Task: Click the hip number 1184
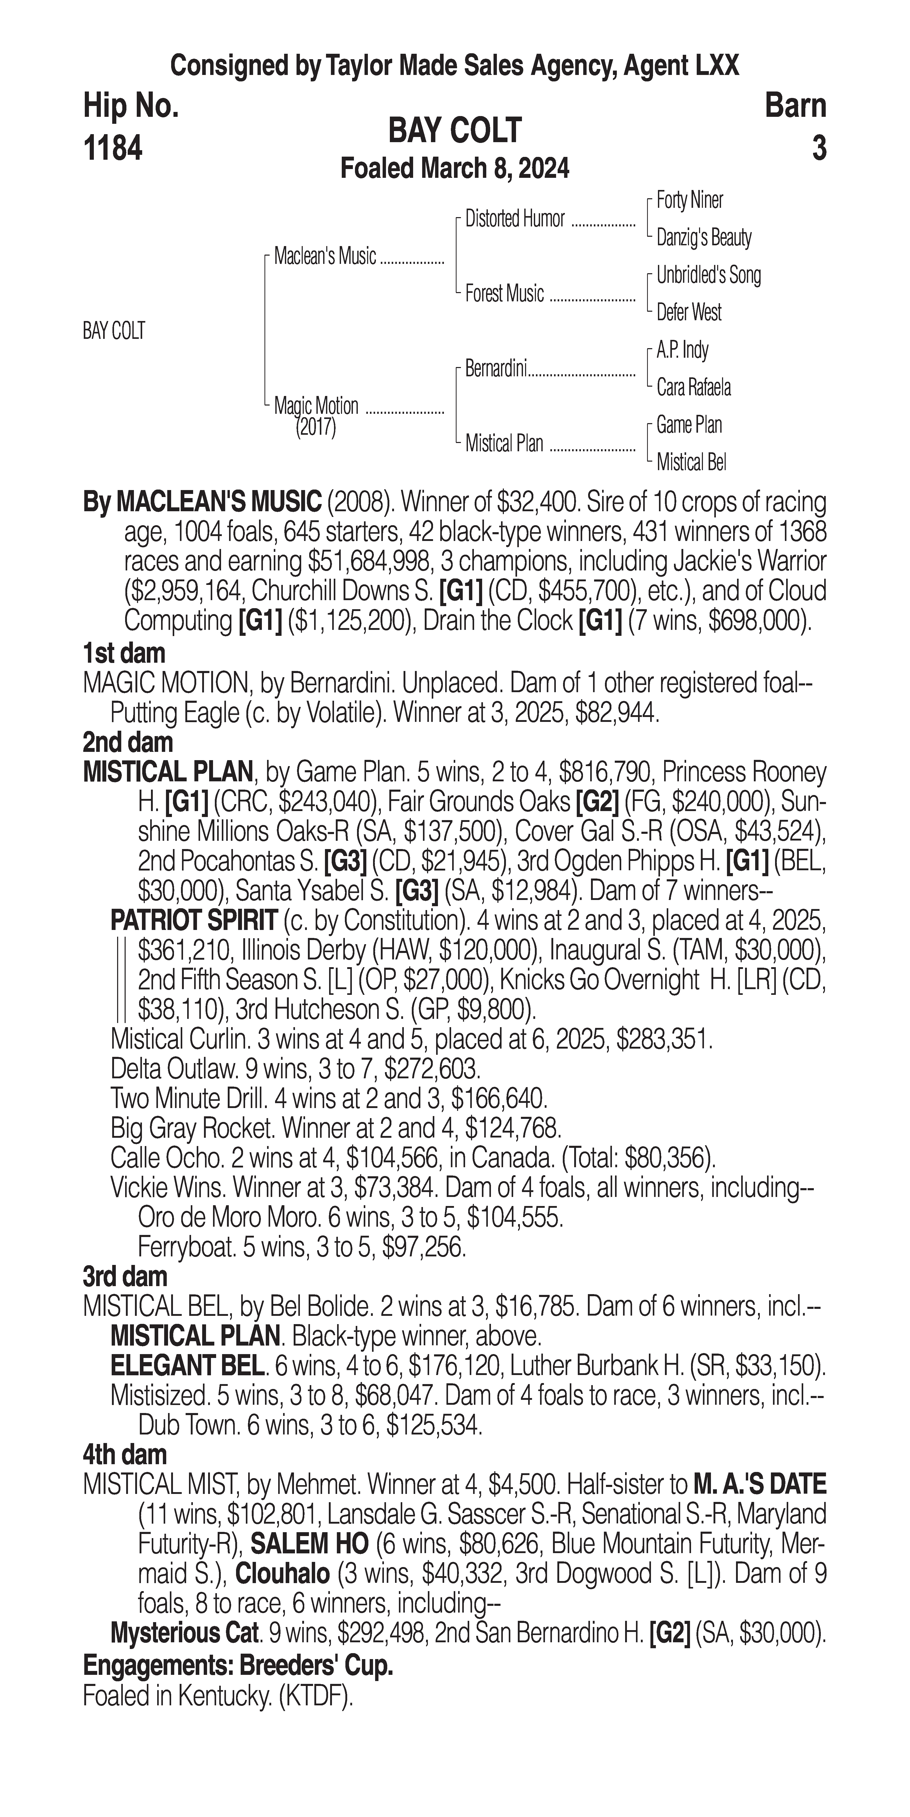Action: (113, 149)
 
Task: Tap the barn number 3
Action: (818, 149)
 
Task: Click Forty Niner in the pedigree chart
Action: (689, 200)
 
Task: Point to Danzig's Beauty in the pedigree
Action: (703, 238)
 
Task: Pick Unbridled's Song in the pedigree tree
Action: (708, 275)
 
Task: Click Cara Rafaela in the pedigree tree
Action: (693, 387)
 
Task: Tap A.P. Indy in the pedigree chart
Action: (682, 350)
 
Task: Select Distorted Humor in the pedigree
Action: (515, 219)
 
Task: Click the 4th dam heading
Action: (125, 1454)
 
